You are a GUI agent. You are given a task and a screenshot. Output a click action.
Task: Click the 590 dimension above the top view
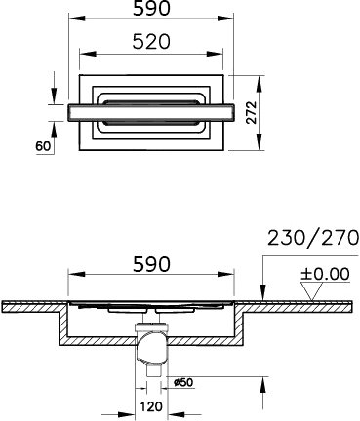(x=151, y=9)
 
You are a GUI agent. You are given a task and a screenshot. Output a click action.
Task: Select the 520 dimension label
(x=151, y=42)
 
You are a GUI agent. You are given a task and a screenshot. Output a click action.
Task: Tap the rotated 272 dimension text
(x=251, y=112)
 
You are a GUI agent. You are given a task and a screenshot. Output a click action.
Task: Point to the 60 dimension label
(x=43, y=146)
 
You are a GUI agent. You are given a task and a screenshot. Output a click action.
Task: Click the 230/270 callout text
(x=313, y=238)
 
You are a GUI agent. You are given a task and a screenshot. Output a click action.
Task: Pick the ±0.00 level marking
(x=325, y=274)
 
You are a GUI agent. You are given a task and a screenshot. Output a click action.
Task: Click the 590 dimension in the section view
(x=151, y=264)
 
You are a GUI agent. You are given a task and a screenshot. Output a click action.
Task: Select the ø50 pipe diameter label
(x=183, y=383)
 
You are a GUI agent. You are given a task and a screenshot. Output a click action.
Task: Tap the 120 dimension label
(x=151, y=406)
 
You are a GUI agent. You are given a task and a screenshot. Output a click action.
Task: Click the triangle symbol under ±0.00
(x=312, y=291)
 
